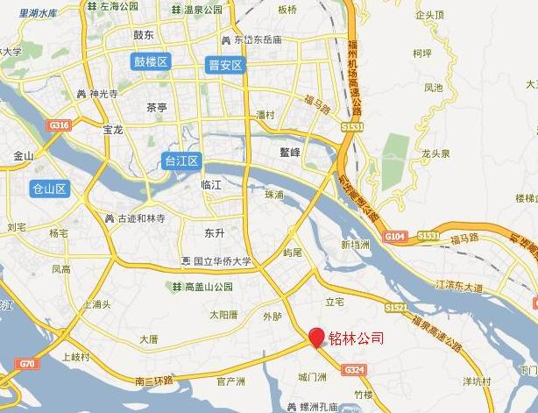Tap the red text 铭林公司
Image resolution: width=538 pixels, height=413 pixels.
[356, 338]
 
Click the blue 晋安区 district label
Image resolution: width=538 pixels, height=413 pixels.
[225, 65]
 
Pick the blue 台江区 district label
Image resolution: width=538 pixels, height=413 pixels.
[182, 160]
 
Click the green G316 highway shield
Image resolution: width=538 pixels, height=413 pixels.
[60, 126]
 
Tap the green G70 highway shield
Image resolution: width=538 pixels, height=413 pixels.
[27, 363]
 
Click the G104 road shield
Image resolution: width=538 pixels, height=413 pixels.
[395, 236]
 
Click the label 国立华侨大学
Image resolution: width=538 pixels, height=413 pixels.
[216, 261]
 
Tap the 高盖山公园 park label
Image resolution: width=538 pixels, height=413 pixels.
[202, 287]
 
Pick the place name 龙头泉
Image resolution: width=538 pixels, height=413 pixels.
[435, 153]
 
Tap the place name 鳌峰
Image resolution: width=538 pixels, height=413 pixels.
[290, 152]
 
